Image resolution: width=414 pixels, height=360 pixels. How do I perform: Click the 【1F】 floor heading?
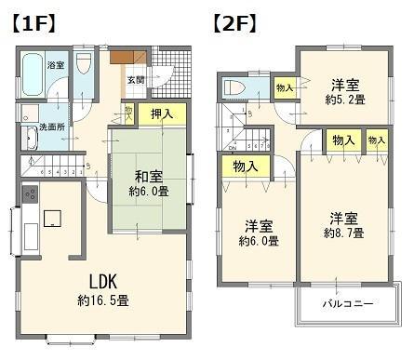[x=33, y=20]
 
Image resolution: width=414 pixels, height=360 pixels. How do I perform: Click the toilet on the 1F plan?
[x=84, y=67]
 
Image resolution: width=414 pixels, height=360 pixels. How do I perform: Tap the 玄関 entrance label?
[x=136, y=80]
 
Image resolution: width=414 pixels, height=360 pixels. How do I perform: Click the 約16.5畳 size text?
[x=103, y=301]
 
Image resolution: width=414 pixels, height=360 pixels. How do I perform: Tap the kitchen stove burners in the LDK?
[x=28, y=195]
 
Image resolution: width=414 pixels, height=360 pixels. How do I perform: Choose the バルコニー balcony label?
[x=348, y=304]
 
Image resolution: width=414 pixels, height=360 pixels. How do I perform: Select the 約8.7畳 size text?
[x=345, y=234]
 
